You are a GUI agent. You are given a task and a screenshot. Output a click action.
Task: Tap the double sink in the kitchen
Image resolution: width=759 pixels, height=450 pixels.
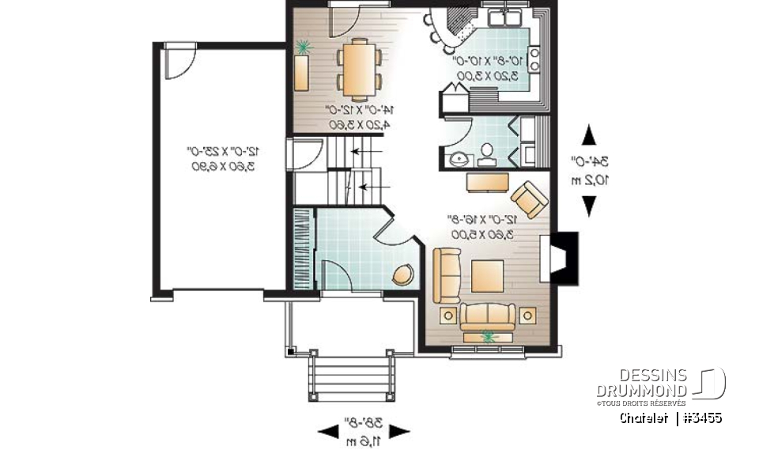pos(503,18)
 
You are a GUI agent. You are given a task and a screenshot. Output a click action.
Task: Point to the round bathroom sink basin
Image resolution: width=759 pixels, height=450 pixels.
pos(457,157)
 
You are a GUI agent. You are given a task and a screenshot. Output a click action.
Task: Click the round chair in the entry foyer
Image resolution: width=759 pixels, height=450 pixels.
pos(402,274)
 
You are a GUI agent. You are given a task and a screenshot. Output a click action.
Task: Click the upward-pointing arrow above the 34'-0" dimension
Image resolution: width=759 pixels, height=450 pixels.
pos(588,136)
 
